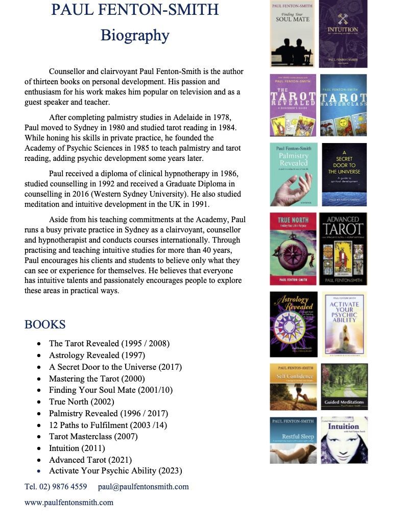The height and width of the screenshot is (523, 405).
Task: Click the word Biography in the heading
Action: (135, 35)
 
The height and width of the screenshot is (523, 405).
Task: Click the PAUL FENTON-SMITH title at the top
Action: (135, 9)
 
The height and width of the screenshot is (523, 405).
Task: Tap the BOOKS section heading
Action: (45, 324)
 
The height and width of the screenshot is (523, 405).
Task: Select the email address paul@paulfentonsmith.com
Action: (143, 486)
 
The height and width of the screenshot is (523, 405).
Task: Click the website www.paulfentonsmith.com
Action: (69, 502)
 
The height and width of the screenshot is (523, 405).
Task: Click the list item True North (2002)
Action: (81, 401)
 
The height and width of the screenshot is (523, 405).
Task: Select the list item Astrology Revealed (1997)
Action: (97, 355)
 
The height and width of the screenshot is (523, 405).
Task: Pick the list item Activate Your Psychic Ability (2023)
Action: (115, 471)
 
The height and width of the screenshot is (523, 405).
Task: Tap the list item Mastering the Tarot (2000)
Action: (97, 378)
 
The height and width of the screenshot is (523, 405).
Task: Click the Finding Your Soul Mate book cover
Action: (292, 34)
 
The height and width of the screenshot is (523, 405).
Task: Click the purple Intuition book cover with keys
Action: (343, 34)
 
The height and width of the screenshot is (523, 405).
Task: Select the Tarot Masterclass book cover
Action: (343, 105)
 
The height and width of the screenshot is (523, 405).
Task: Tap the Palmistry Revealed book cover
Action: (293, 174)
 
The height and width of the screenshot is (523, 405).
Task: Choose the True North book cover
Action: (293, 249)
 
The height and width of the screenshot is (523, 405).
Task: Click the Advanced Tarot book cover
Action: (343, 249)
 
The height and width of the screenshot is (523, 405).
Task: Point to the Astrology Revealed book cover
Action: (293, 324)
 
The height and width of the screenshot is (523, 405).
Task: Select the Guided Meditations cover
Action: (344, 387)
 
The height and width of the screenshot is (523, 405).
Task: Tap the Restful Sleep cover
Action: (293, 440)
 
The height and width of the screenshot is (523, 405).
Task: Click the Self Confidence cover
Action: (293, 387)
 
